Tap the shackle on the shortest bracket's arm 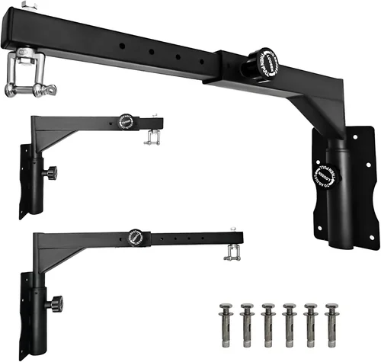(151, 138)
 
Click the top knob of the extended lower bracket (136, 235)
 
